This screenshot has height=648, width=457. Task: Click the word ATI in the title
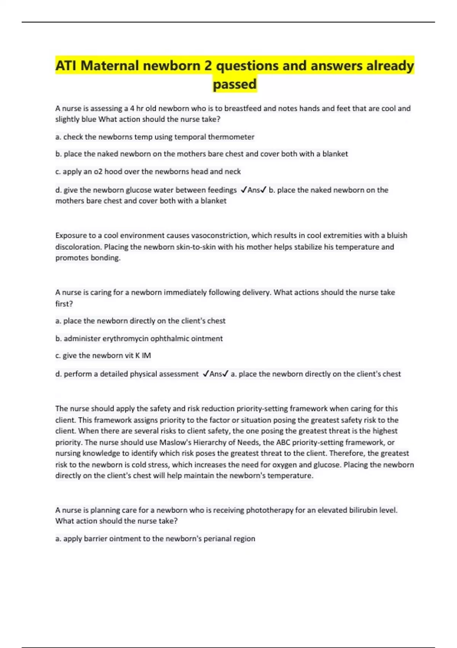click(x=66, y=66)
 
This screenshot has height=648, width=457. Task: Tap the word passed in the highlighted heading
click(x=235, y=84)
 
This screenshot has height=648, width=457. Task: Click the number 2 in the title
click(x=208, y=66)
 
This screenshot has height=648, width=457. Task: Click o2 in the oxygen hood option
click(x=98, y=172)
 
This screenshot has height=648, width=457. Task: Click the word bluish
click(x=397, y=235)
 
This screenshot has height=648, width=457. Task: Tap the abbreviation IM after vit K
click(x=146, y=356)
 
